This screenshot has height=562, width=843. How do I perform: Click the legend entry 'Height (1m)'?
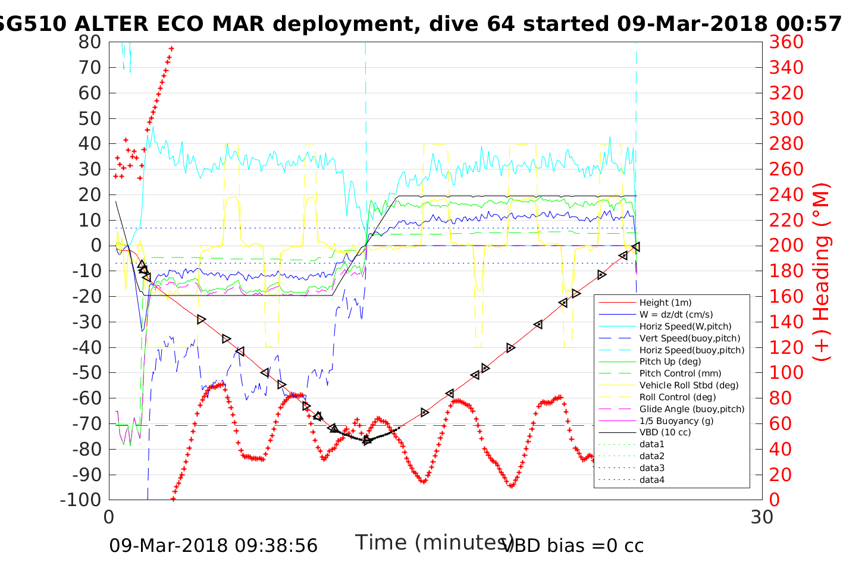[665, 303]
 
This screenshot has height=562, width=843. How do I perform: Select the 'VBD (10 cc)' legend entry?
[665, 432]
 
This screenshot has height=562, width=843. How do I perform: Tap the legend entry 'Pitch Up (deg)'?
[670, 362]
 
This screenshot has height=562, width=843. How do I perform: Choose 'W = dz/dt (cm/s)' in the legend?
[676, 315]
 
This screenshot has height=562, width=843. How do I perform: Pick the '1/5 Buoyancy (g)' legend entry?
[676, 420]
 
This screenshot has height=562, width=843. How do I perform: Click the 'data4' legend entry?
[652, 479]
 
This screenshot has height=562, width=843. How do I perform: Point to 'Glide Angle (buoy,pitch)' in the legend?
[692, 409]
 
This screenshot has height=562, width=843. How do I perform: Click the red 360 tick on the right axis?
[786, 42]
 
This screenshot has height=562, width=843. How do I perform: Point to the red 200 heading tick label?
[786, 246]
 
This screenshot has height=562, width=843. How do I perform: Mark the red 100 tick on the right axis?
[786, 373]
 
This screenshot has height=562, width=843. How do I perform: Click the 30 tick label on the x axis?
[762, 517]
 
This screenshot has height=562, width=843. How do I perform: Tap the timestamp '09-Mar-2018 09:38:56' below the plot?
[213, 545]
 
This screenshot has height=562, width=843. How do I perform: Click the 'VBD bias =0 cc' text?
[574, 545]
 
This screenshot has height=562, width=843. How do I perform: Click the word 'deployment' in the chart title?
[340, 24]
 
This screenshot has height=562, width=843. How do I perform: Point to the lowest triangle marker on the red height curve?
[367, 440]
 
